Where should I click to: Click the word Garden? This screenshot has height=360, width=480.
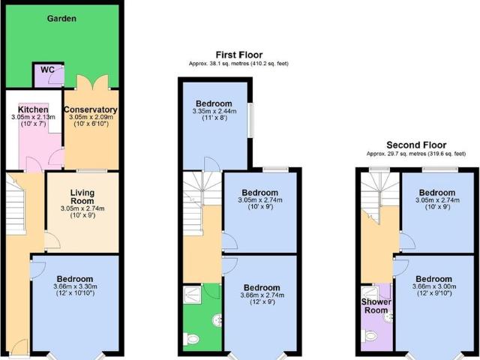coord(60,18)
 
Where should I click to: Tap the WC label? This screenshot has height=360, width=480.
coord(46,70)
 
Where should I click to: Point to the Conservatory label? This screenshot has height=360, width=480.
coord(91,109)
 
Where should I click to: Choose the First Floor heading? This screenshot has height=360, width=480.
coord(238,54)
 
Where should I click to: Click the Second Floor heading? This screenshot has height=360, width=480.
coord(415,145)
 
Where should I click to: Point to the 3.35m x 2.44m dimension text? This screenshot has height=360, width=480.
coord(214,112)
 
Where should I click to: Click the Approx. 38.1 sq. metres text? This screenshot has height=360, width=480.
coord(238,64)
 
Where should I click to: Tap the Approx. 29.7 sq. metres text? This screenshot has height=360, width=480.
coord(415,154)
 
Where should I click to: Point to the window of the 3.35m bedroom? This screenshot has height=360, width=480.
coord(250,120)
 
